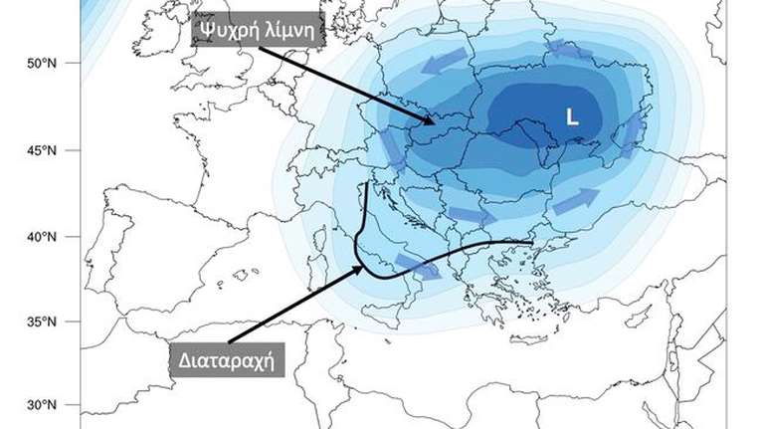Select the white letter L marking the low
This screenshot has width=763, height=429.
pos(571,116)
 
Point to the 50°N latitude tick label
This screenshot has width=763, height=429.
pos(39,63)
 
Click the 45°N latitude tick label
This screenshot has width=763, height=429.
pos(39,150)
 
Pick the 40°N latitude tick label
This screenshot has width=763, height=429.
pos(39,237)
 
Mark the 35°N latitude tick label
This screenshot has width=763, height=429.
pos(39,322)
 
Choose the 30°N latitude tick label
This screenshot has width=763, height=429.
pos(39,405)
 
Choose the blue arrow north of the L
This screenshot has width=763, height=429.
pos(567,47)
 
